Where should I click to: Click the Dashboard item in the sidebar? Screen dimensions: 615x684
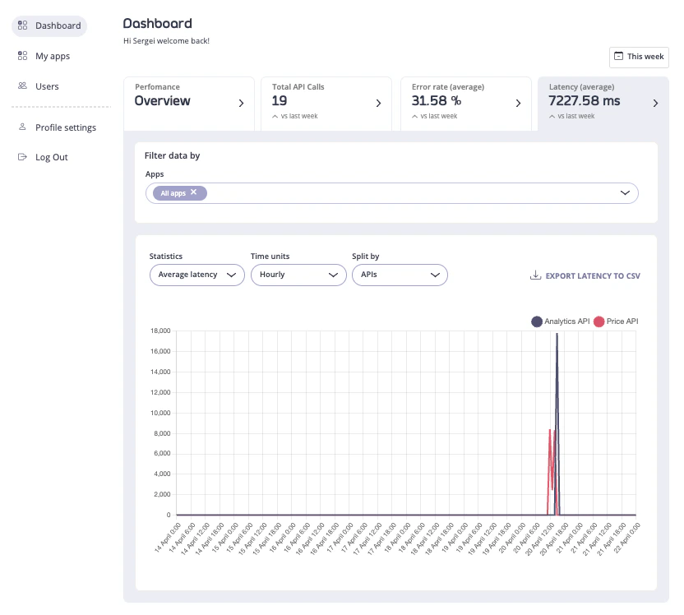49,25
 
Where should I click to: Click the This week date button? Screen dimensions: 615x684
639,57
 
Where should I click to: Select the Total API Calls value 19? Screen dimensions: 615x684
280,101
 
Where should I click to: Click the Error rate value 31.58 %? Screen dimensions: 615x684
437,101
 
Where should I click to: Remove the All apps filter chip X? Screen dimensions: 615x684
194,192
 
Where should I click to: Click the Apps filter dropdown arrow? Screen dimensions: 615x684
625,193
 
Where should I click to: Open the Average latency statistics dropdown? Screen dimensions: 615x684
196,275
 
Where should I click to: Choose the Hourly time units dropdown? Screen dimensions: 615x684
298,275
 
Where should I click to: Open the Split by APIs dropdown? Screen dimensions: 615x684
399,275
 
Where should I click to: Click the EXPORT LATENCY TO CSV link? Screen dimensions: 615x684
585,276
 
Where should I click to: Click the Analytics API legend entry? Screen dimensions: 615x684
561,321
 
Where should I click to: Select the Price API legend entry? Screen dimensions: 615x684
616,321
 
